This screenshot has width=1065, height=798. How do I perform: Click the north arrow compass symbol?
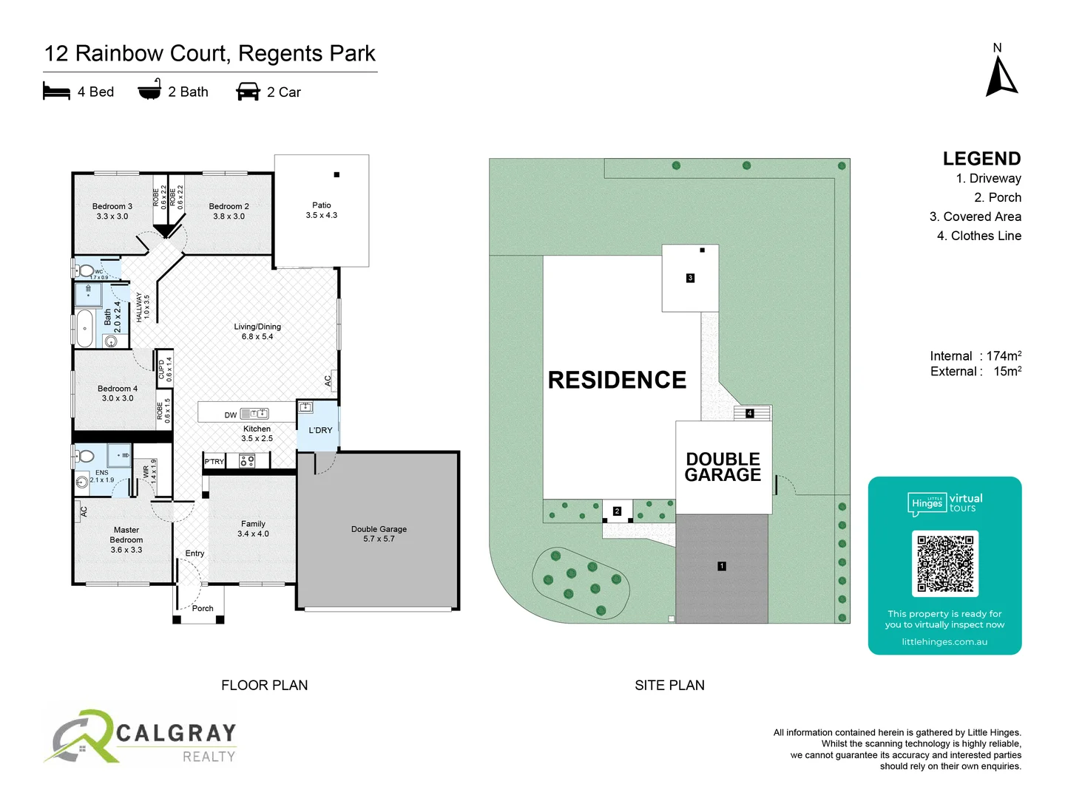1001,78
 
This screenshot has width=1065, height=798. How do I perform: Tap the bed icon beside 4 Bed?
56,92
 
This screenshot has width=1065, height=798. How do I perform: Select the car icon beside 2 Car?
248,92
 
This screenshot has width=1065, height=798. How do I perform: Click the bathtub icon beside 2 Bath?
149,90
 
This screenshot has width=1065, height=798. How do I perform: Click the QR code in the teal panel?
945,563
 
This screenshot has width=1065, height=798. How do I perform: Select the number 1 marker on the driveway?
722,566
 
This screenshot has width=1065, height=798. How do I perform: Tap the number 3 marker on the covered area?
690,278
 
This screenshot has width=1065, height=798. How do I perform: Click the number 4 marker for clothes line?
749,413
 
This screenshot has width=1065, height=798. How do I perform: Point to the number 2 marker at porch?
617,511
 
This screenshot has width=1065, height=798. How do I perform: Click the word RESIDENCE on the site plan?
617,380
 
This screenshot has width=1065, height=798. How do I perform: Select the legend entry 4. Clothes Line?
978,236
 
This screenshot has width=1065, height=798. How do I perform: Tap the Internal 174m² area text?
976,356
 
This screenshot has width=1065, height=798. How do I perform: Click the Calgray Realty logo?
141,737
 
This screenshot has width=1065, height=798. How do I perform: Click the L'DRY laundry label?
320,430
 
